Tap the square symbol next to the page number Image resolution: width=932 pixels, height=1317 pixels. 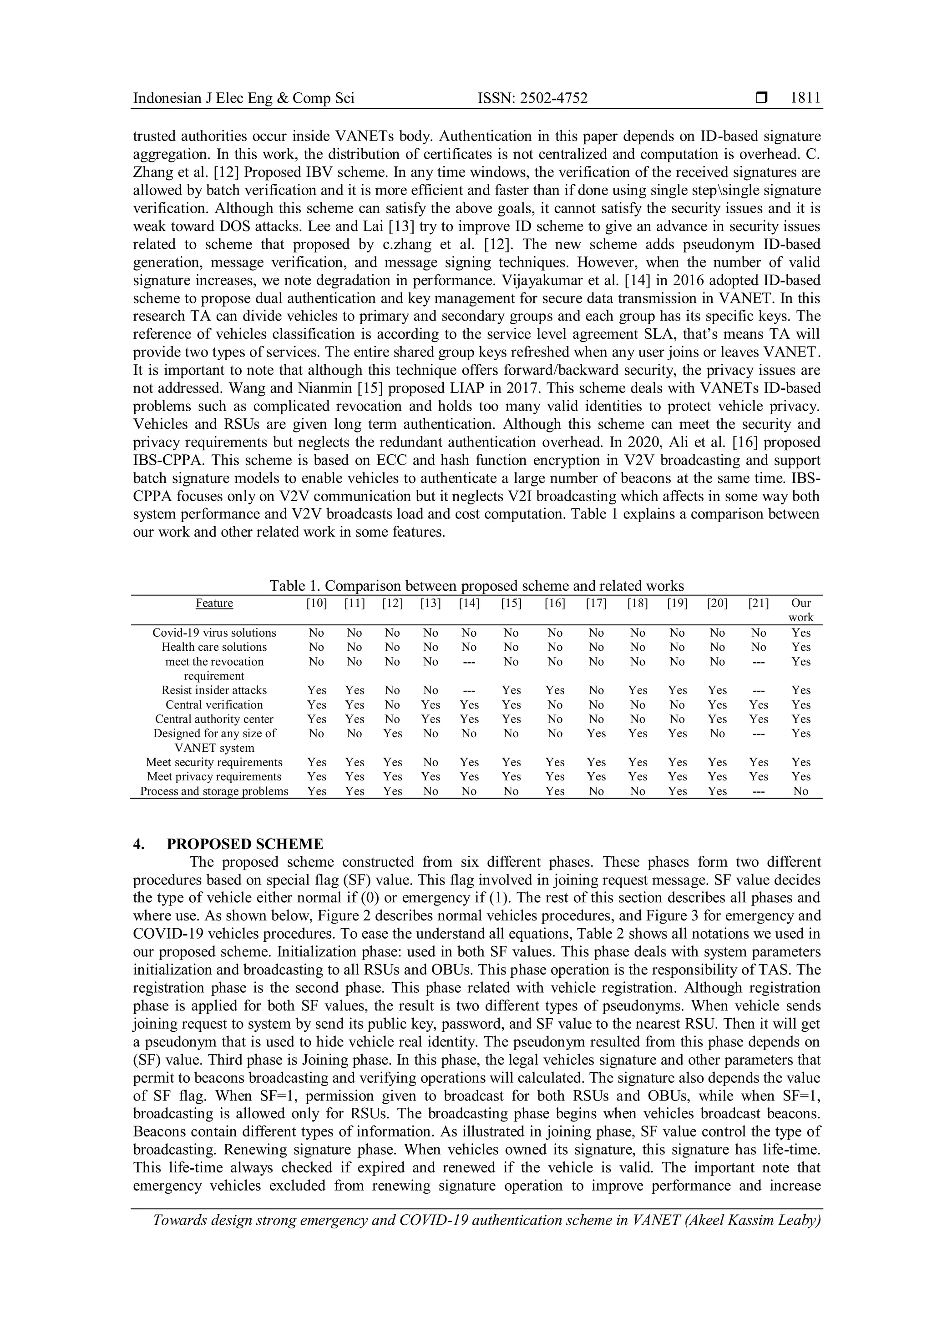click(761, 98)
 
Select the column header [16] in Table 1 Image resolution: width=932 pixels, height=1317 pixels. click(554, 603)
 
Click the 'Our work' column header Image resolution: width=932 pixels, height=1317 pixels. click(800, 610)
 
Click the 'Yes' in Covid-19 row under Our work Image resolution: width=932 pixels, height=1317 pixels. click(800, 633)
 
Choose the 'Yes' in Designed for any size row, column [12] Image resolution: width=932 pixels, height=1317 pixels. click(393, 733)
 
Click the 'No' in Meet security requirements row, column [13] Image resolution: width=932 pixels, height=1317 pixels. click(431, 762)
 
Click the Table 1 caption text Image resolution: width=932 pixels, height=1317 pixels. click(476, 586)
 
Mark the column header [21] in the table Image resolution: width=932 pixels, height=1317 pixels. click(758, 603)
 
